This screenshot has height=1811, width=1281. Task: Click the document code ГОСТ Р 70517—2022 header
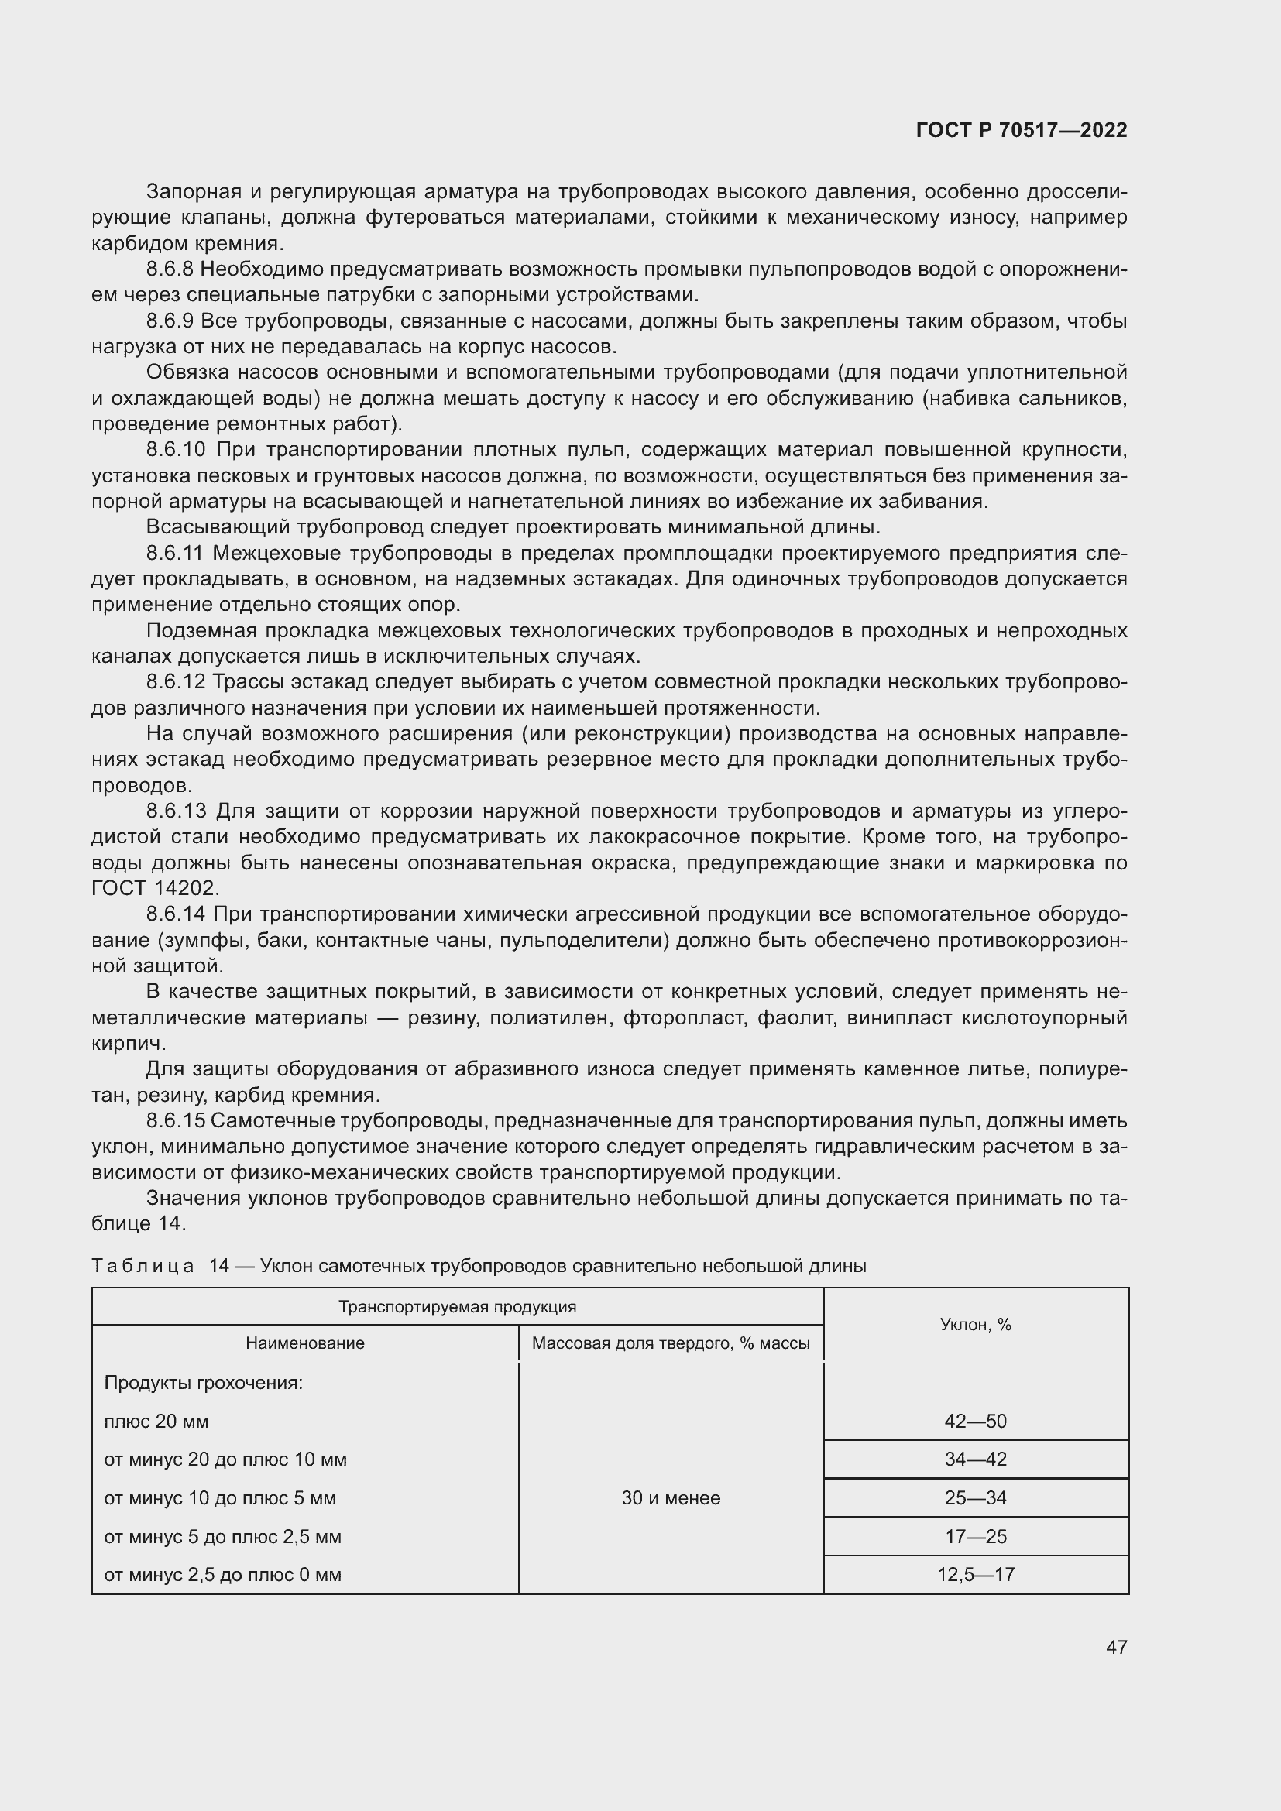coord(1021,130)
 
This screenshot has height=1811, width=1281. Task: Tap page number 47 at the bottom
coord(1116,1647)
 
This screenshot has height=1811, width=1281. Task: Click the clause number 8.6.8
coord(170,269)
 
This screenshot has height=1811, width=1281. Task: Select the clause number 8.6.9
coord(170,321)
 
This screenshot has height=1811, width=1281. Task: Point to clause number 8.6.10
coord(175,451)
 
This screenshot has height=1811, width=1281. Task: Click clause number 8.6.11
coord(174,554)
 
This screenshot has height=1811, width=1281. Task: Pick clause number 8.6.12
coord(175,682)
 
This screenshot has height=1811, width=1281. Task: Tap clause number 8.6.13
coord(175,811)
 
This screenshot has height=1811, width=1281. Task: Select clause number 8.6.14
coord(175,914)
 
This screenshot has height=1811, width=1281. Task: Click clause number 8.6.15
coord(175,1121)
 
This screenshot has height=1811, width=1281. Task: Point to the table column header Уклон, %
coord(975,1324)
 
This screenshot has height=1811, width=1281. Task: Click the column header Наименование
coord(304,1343)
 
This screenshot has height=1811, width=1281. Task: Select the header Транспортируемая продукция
coord(457,1306)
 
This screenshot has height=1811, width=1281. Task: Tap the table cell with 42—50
coord(975,1422)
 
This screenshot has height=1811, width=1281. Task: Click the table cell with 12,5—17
coord(975,1574)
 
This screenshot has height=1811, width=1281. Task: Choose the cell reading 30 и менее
coord(670,1498)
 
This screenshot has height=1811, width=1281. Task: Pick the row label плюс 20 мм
coord(156,1422)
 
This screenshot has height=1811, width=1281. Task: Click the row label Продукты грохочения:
coord(204,1383)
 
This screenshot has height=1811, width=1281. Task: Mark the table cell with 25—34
coord(975,1498)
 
